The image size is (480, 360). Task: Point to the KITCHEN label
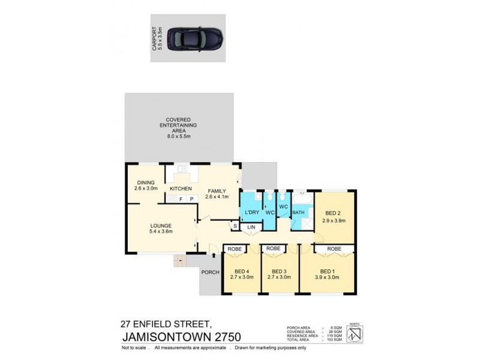[180, 190]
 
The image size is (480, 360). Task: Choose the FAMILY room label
[217, 193]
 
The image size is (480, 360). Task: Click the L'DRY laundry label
[251, 213]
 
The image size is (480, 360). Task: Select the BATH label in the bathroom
[298, 213]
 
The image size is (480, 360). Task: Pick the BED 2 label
[334, 217]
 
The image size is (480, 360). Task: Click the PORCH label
[209, 272]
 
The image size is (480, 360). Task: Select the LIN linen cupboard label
[251, 227]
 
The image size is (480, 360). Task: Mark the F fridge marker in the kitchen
[180, 199]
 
